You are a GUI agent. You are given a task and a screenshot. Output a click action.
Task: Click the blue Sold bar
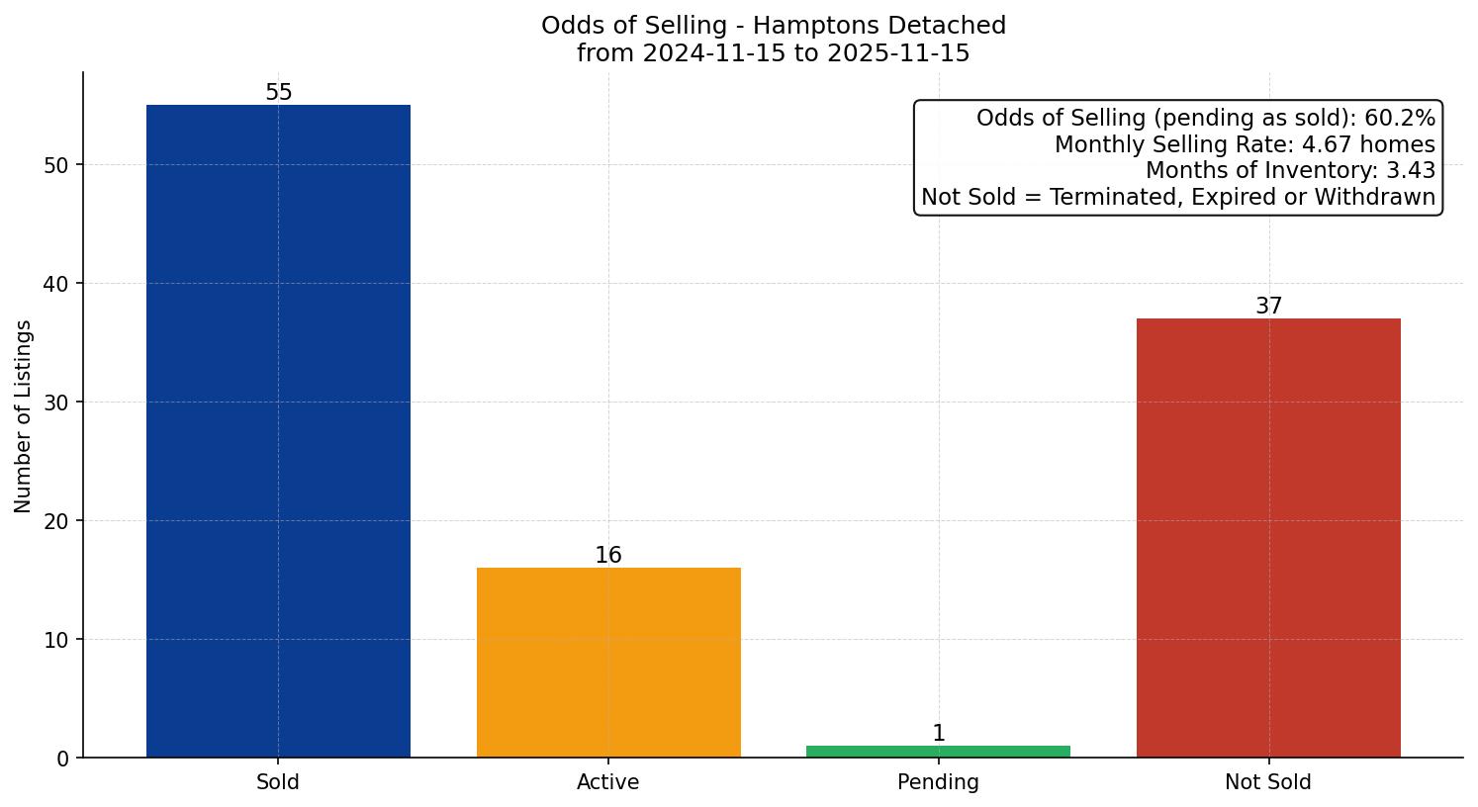point(278,431)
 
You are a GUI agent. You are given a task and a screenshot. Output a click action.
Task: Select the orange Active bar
point(608,663)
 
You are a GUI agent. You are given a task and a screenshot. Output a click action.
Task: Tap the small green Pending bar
point(938,752)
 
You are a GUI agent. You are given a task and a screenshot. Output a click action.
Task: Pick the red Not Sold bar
point(1268,538)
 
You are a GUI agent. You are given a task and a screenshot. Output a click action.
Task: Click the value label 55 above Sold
point(279,93)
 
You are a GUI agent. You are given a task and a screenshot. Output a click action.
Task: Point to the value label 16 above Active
point(608,556)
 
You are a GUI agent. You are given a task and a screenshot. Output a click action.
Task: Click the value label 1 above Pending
point(939,734)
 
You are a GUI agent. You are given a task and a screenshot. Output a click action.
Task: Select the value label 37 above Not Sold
point(1268,307)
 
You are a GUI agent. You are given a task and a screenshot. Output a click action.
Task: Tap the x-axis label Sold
point(278,782)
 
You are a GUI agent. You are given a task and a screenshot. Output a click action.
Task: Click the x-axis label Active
point(608,782)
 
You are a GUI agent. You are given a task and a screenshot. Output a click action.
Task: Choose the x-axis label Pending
point(938,782)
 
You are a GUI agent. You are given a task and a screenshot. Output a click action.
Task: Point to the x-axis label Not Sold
point(1268,782)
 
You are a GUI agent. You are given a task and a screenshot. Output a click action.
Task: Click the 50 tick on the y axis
point(56,165)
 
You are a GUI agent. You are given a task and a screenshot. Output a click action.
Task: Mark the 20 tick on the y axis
point(56,521)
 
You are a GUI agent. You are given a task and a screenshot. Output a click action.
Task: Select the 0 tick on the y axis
point(62,759)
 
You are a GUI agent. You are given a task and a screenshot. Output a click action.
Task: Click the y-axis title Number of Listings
point(24,416)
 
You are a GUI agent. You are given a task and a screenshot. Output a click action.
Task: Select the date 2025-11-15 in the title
point(898,53)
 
